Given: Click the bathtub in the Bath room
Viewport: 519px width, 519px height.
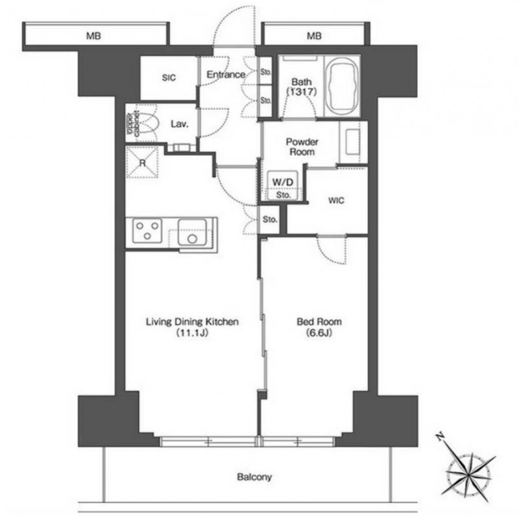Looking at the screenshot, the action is tap(341, 86).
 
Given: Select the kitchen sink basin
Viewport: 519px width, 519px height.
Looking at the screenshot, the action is tap(192, 233).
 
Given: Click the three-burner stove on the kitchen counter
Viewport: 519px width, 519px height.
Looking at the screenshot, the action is tap(147, 231).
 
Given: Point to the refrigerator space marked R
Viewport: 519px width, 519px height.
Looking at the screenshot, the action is tap(143, 162).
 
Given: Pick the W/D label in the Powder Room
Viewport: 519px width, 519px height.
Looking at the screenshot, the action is tap(283, 182).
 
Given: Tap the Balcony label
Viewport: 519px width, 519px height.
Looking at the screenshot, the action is tap(254, 477).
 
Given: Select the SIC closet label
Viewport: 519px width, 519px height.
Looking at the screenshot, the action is tap(169, 77).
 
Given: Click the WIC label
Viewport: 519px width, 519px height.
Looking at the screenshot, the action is tap(336, 200).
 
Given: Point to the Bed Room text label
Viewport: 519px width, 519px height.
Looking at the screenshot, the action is tap(319, 321).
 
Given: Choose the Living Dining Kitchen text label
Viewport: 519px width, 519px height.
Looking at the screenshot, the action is tap(192, 322).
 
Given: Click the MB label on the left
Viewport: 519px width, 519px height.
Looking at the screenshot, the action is tap(93, 36).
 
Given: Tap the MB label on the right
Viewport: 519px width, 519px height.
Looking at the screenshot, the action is tap(314, 36).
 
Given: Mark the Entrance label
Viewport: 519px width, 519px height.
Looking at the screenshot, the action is tap(226, 74).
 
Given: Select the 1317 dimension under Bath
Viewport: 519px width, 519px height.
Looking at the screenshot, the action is tap(302, 92).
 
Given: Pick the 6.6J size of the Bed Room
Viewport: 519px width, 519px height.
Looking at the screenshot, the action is tap(319, 333).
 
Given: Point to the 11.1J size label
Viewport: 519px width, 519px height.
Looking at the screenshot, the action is tap(192, 333).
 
